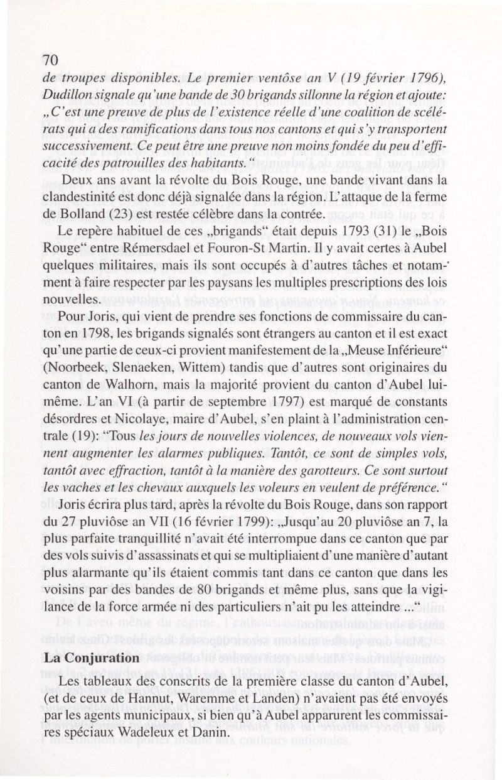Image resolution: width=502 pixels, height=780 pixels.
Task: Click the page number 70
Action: click(x=50, y=60)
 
